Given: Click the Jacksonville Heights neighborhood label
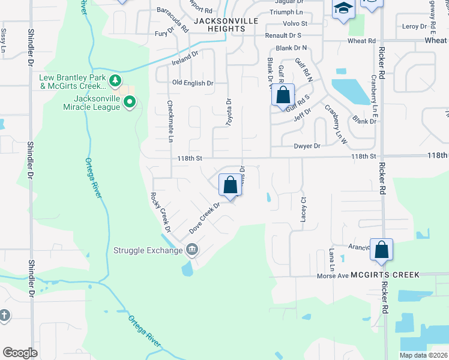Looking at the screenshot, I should [218, 25].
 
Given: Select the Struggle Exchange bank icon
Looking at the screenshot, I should [192, 249].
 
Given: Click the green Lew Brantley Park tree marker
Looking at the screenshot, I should [114, 80].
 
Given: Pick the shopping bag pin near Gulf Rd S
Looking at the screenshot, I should [283, 95].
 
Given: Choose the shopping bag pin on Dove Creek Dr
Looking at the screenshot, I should [230, 185].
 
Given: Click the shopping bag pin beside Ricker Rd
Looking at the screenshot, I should [381, 250].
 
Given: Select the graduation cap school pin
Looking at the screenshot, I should [344, 9].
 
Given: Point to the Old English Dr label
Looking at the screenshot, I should [193, 83].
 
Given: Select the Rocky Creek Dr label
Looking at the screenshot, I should [161, 212].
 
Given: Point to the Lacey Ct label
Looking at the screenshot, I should [303, 207].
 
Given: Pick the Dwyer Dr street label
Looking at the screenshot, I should [307, 146].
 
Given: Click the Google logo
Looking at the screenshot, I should [20, 352].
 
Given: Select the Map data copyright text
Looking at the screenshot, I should [423, 355].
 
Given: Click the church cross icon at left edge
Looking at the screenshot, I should [4, 315].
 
